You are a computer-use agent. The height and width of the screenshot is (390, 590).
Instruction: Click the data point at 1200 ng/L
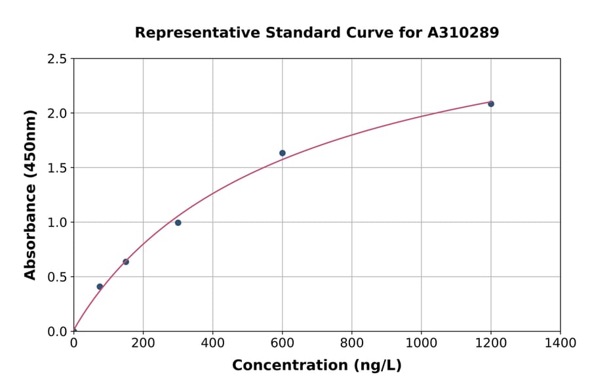491,104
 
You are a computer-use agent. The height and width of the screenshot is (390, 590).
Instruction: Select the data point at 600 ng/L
283,153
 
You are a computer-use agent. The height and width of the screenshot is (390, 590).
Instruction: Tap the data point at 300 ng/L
178,223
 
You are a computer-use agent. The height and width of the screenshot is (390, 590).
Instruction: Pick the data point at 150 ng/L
126,262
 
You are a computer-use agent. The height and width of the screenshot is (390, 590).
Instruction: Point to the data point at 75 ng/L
100,287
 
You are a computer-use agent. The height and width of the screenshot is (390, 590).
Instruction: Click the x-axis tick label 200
143,343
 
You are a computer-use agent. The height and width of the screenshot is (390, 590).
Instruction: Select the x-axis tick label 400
212,343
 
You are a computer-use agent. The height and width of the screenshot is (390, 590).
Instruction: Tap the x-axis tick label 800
351,343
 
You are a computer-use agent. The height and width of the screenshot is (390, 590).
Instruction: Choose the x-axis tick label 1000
421,343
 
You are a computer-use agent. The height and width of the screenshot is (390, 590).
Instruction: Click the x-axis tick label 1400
560,343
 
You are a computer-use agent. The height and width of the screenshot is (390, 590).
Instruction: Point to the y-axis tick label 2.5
57,59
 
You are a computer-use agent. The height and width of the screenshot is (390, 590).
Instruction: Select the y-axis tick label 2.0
57,114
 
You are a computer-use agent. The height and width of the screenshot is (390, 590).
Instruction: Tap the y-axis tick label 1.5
57,168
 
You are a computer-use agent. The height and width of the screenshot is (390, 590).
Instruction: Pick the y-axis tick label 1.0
57,223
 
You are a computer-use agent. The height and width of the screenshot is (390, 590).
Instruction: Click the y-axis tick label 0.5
57,277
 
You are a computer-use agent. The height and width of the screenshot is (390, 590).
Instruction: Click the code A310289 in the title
463,33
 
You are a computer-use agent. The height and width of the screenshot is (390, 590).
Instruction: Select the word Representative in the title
187,33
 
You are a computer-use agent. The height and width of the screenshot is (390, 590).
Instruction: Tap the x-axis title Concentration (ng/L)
317,366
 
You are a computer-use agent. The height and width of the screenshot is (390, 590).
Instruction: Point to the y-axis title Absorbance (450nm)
30,194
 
